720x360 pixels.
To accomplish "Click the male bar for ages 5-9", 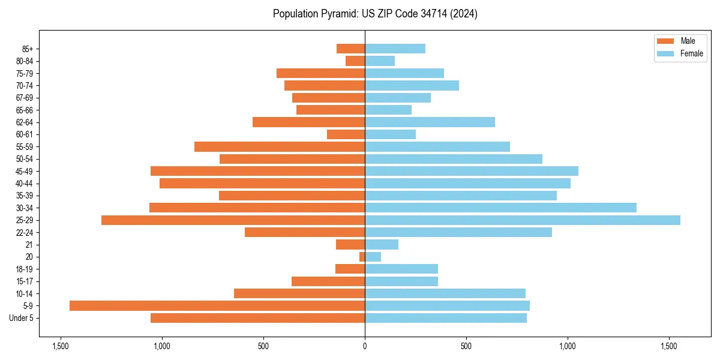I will (x=217, y=306).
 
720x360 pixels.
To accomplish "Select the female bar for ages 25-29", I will (x=523, y=220).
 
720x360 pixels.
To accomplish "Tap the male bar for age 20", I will (x=362, y=257).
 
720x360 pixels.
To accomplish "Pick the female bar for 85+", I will (x=395, y=49).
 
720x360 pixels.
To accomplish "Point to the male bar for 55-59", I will (x=280, y=146).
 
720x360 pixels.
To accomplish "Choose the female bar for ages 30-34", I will (x=500, y=208).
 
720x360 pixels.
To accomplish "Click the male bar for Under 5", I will (x=258, y=318).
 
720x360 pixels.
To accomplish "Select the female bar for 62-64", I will (x=430, y=122).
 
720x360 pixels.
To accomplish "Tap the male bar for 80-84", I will (x=355, y=61).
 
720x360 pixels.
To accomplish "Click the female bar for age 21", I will (x=382, y=245).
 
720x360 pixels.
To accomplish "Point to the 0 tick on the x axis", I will (x=365, y=346).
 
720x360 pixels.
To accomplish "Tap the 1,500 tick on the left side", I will (x=60, y=346).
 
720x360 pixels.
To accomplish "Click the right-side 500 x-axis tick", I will (x=466, y=346).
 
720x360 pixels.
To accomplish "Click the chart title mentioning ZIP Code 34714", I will (x=375, y=14).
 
